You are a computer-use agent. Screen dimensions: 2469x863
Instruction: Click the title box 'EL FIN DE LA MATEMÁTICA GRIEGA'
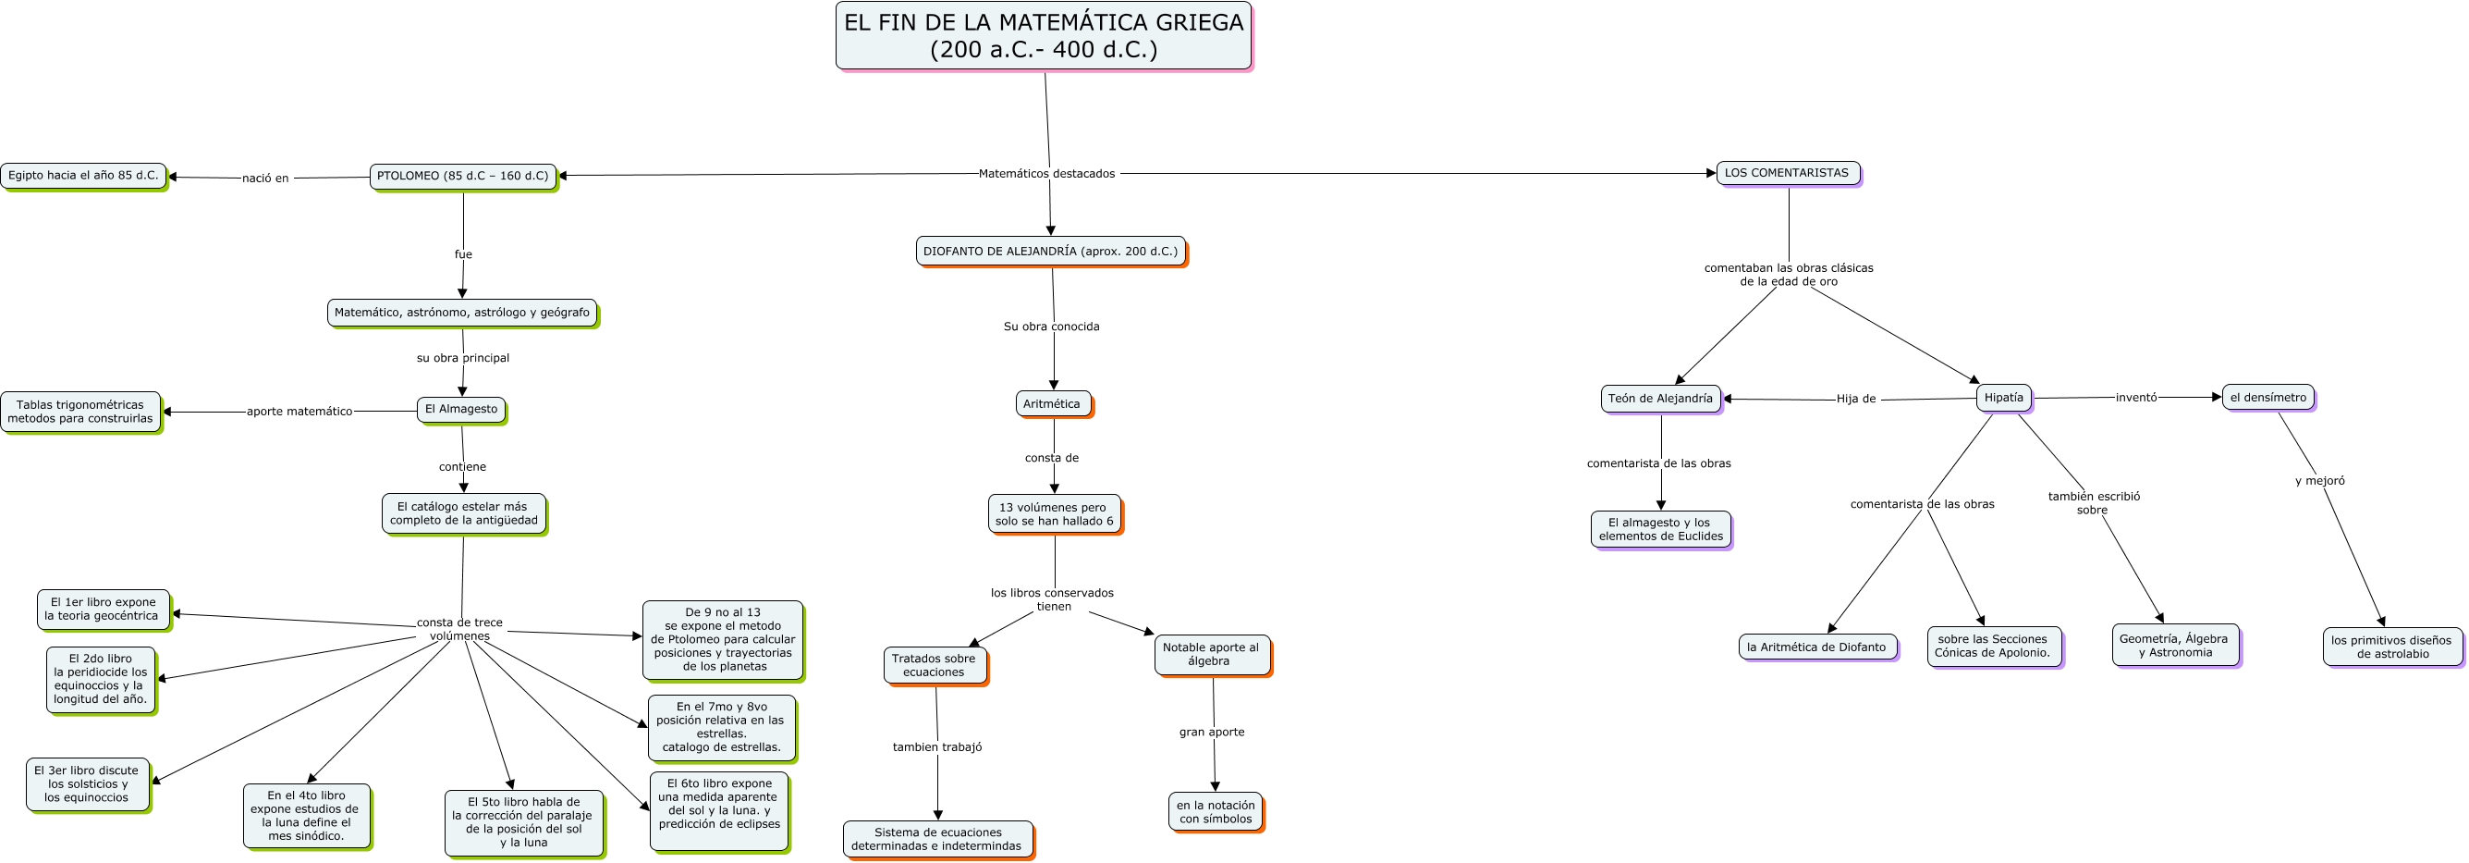tap(1044, 36)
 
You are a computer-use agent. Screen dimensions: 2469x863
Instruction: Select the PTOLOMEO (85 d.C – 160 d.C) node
tap(463, 177)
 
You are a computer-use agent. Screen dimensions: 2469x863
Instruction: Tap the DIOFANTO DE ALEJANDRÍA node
tap(1050, 252)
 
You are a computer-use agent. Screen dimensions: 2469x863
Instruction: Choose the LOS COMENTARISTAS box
tap(1788, 174)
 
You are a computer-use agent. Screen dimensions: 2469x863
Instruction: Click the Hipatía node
tap(2003, 398)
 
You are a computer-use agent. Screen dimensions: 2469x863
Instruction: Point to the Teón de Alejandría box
tap(1660, 399)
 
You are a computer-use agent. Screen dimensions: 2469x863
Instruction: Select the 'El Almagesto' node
tap(461, 410)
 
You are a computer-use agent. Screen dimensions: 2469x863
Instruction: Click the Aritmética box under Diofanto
tap(1052, 403)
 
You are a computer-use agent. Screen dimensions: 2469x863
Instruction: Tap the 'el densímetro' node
tap(2267, 397)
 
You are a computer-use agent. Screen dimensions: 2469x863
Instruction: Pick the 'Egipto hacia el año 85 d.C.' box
tap(83, 176)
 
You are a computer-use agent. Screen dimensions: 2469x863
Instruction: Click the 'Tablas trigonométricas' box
tap(80, 413)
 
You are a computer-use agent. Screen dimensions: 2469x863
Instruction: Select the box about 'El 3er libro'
tap(87, 784)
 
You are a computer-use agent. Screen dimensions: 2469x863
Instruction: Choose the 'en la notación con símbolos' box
tap(1216, 812)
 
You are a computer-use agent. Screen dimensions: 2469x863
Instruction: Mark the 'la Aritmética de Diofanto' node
tap(1817, 647)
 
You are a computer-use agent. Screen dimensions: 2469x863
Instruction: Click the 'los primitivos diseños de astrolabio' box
tap(2391, 647)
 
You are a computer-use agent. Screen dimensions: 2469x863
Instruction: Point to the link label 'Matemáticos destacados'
tap(1046, 174)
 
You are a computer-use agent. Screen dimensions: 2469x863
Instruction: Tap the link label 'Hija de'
tap(1855, 399)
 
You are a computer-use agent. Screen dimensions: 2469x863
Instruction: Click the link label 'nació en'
tap(265, 179)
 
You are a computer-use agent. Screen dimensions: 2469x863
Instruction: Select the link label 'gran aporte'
tap(1212, 733)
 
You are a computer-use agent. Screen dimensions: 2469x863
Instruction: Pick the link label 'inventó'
tap(2136, 397)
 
